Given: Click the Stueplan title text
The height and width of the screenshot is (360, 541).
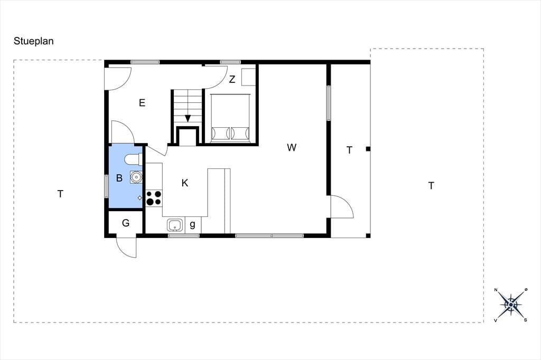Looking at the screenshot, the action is [33, 41].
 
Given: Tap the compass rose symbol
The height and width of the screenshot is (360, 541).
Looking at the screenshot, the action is [511, 305].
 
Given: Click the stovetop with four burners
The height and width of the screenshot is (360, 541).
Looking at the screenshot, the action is [154, 198].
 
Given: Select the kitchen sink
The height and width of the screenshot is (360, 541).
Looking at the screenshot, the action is [175, 225].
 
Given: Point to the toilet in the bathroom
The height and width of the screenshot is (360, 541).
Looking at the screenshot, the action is [133, 159].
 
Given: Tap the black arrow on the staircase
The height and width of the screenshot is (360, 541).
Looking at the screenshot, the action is [188, 118].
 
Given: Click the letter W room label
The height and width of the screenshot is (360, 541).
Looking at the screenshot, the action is [292, 148].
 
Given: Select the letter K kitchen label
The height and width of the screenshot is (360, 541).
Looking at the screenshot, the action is [185, 183].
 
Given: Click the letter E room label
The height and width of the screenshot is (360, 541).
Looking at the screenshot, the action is [142, 103].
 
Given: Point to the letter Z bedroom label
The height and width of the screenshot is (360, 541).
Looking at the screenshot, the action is [232, 79].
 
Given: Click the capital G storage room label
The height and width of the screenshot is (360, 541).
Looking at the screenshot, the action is [126, 223].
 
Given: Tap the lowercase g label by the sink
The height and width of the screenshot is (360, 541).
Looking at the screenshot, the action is [192, 225].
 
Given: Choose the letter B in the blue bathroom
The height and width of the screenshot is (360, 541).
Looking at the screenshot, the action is [119, 178].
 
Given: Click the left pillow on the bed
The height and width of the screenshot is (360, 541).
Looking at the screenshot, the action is [221, 132].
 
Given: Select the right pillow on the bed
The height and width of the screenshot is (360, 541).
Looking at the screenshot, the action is [240, 132].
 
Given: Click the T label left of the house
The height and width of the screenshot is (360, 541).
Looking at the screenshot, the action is [60, 194].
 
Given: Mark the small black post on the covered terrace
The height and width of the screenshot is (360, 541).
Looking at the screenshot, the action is [368, 149].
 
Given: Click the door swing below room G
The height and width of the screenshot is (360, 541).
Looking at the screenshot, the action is [127, 247].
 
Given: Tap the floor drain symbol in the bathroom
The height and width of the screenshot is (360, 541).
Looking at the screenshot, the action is [139, 197].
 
